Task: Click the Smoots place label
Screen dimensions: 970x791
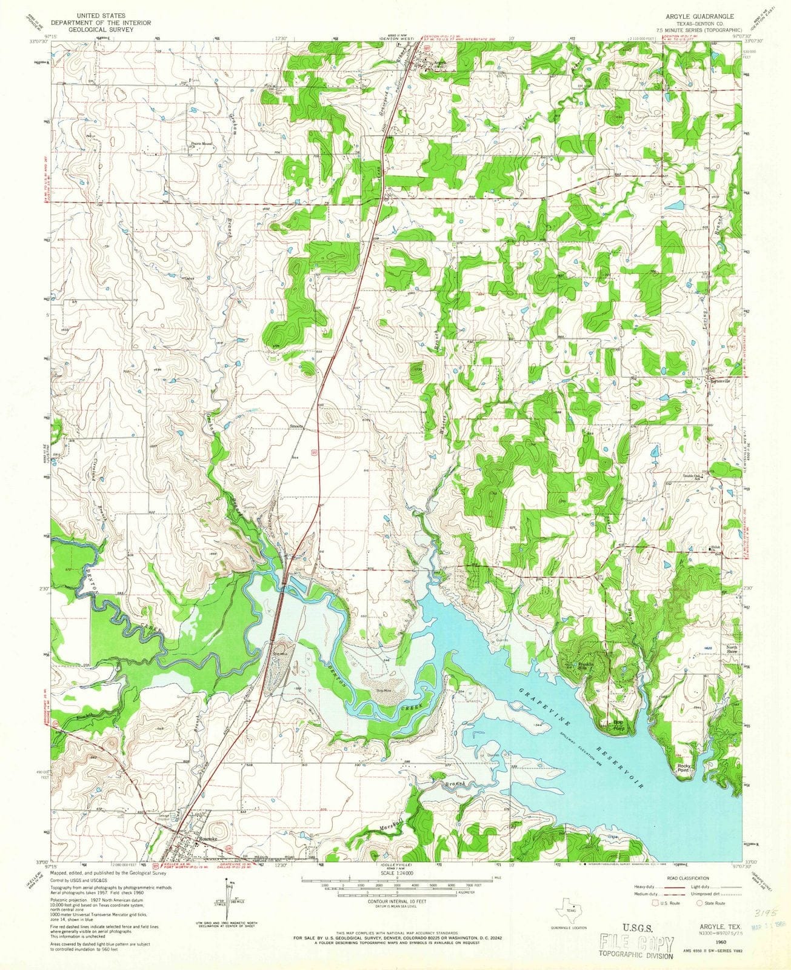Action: click(298, 426)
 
